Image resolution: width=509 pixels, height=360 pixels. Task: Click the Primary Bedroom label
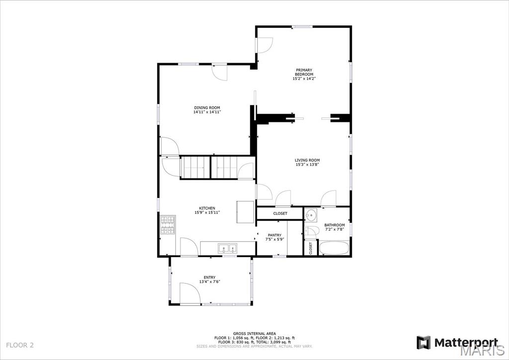[x=304, y=72]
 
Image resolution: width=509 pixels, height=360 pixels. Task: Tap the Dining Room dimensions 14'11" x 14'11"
[x=207, y=112]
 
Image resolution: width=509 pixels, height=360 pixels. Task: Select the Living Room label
[x=307, y=160]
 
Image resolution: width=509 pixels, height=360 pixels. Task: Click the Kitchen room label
[x=207, y=208]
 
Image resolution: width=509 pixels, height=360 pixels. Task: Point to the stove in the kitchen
[x=168, y=225]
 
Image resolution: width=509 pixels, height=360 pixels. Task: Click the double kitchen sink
[x=228, y=248]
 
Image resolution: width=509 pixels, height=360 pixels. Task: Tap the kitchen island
[x=245, y=212]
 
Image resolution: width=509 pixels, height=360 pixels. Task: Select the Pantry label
[x=274, y=235]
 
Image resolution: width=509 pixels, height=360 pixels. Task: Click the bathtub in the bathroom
[x=334, y=248]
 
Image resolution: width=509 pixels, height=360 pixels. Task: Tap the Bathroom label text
[x=335, y=225]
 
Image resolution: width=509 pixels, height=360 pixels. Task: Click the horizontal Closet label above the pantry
[x=280, y=214]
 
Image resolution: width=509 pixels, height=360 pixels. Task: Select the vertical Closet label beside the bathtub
[x=311, y=248]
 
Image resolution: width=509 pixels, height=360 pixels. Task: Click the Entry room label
[x=210, y=277]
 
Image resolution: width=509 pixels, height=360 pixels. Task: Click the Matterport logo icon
[x=424, y=343]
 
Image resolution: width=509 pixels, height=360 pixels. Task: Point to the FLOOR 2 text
[x=20, y=345]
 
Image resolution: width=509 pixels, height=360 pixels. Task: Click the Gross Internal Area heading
[x=254, y=333]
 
